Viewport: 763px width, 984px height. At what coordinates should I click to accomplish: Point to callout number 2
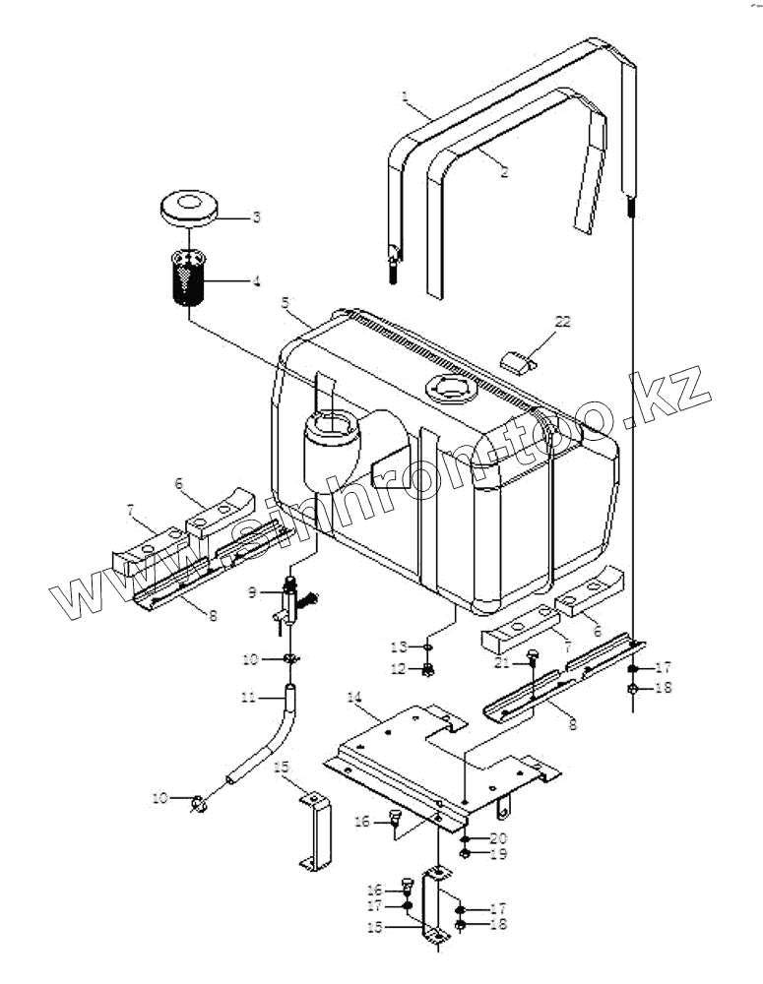click(503, 172)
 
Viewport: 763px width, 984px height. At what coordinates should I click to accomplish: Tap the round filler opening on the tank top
click(448, 392)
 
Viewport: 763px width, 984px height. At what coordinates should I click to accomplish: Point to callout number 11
click(248, 698)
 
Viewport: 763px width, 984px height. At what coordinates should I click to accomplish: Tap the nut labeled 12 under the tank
click(428, 671)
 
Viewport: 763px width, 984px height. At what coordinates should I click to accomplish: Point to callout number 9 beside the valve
click(252, 593)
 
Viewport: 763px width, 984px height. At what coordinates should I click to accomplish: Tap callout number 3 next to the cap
click(255, 216)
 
